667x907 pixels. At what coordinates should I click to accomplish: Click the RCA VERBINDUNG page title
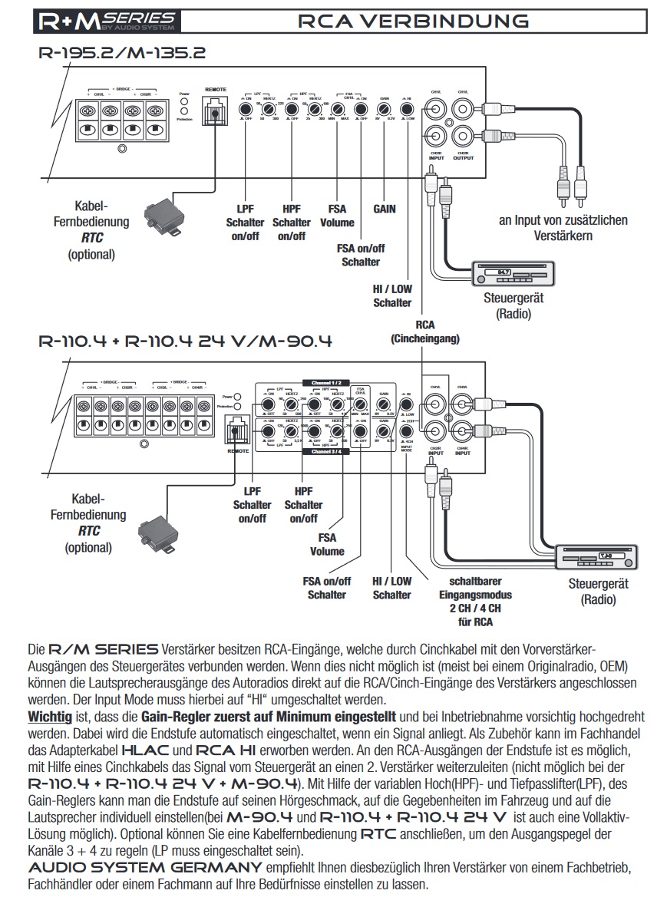coord(413,21)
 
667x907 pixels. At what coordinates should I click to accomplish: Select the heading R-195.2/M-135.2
coord(122,53)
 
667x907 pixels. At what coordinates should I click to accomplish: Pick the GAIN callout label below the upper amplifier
coord(385,208)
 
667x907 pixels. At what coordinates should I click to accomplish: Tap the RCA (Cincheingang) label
coord(424,331)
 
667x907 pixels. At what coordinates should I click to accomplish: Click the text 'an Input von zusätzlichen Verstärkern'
coord(563,228)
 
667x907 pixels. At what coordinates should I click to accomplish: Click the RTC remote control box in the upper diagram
coord(162,213)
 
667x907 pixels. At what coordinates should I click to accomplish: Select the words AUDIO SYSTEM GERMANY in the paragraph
coord(145,867)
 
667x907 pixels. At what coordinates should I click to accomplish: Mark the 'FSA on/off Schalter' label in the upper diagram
coord(361,255)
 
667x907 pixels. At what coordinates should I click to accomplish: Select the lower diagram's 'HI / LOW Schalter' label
coord(391,589)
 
